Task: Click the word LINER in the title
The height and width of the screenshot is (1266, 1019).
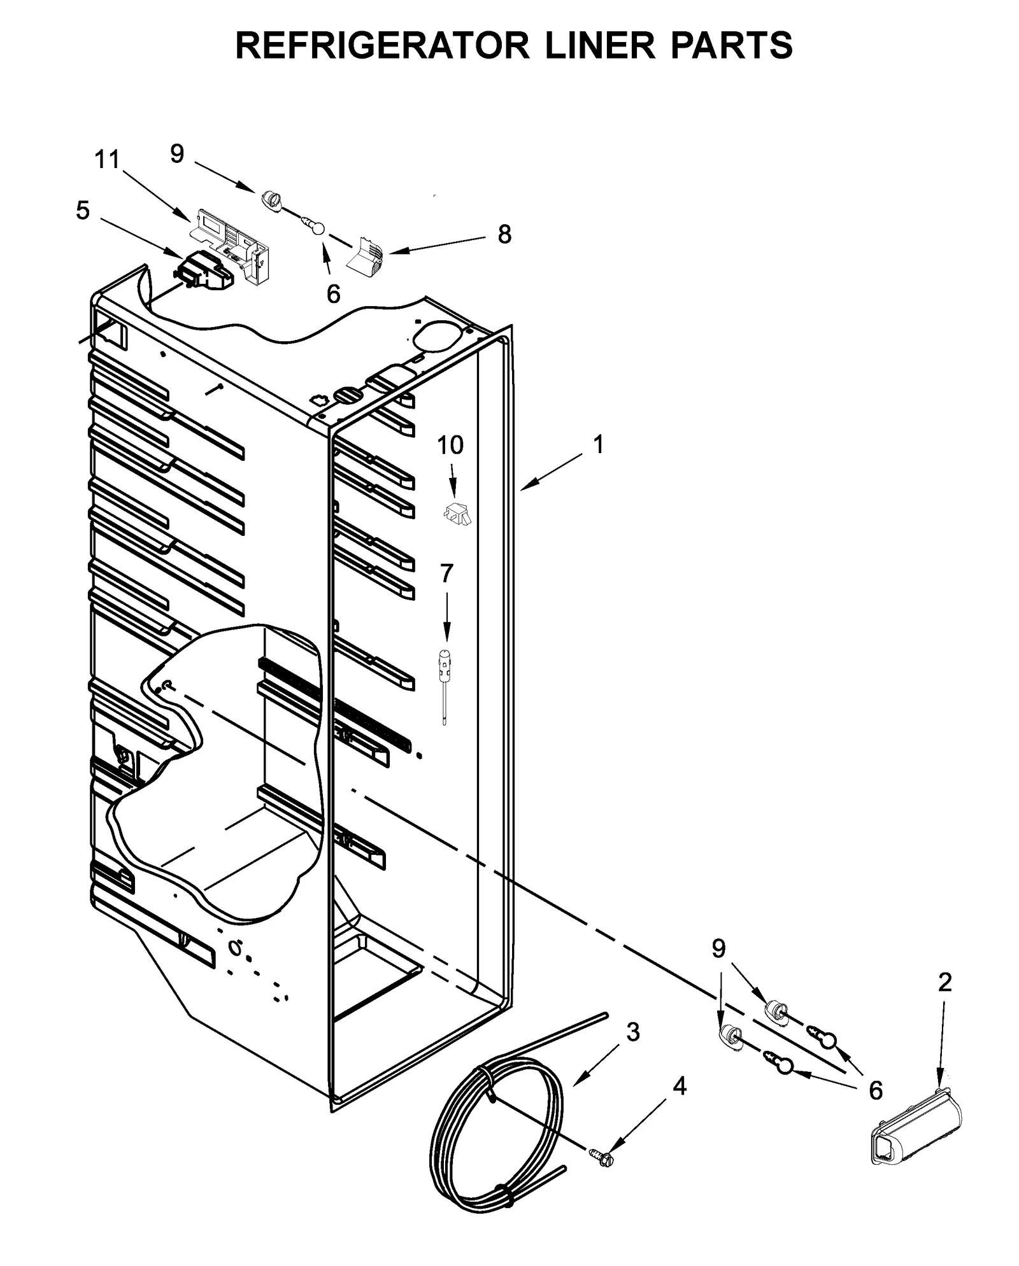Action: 601,46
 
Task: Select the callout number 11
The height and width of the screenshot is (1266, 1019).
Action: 107,160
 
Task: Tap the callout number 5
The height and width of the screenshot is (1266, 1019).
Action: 83,211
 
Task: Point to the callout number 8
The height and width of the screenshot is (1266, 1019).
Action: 504,235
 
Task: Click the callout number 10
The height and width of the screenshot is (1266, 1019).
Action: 450,446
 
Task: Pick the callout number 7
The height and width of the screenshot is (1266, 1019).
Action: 446,573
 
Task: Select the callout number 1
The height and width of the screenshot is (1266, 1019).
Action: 597,444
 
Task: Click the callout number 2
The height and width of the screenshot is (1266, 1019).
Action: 944,982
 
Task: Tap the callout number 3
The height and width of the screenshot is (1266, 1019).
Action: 632,1032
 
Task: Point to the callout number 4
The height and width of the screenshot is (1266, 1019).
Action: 680,1087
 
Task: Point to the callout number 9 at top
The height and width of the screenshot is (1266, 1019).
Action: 177,153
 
